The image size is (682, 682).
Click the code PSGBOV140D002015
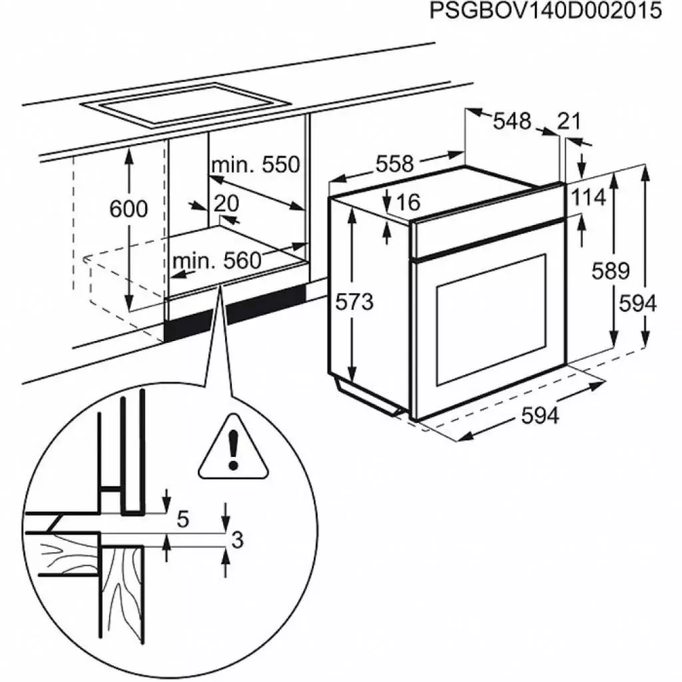pyautogui.click(x=545, y=12)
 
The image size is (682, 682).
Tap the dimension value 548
pyautogui.click(x=512, y=121)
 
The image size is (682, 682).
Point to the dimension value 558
pyautogui.click(x=396, y=163)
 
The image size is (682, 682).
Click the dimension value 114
pyautogui.click(x=587, y=198)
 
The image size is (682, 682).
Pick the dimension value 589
pyautogui.click(x=611, y=271)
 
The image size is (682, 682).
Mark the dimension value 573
pyautogui.click(x=354, y=302)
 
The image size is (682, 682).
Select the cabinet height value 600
pyautogui.click(x=128, y=209)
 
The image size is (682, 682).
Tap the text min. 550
pyautogui.click(x=256, y=165)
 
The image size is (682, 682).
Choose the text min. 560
pyautogui.click(x=217, y=261)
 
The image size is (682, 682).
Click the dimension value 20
pyautogui.click(x=226, y=203)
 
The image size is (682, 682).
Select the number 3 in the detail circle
pyautogui.click(x=234, y=540)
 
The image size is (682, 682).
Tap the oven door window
pyautogui.click(x=492, y=320)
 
